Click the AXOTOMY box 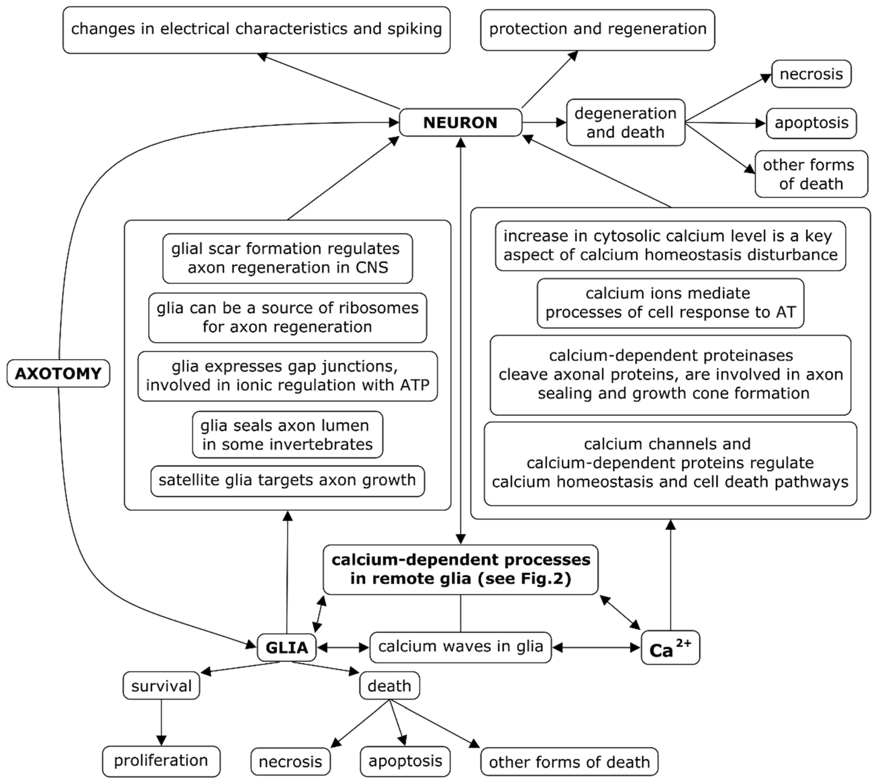(x=58, y=373)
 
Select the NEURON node (x=460, y=122)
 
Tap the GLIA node (x=287, y=647)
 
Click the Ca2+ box (x=670, y=647)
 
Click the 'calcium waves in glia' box (x=460, y=647)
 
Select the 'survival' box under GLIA (x=161, y=686)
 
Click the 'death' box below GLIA (x=389, y=685)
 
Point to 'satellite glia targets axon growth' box (x=287, y=480)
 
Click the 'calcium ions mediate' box (x=670, y=303)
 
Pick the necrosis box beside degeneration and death (x=811, y=74)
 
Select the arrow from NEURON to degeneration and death (x=544, y=122)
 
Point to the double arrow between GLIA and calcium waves (x=343, y=647)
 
